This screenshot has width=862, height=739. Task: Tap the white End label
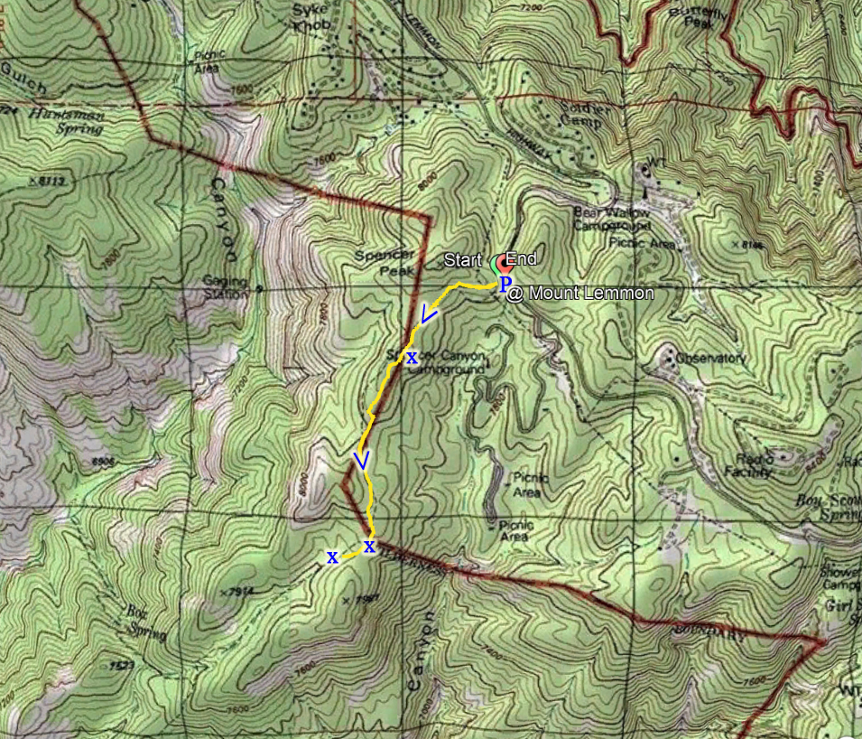pos(522,259)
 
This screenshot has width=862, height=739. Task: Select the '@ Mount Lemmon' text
pos(579,294)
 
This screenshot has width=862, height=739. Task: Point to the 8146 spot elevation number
pos(749,244)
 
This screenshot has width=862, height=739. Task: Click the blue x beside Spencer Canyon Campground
pos(412,358)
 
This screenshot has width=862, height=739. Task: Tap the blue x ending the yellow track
pos(332,557)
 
